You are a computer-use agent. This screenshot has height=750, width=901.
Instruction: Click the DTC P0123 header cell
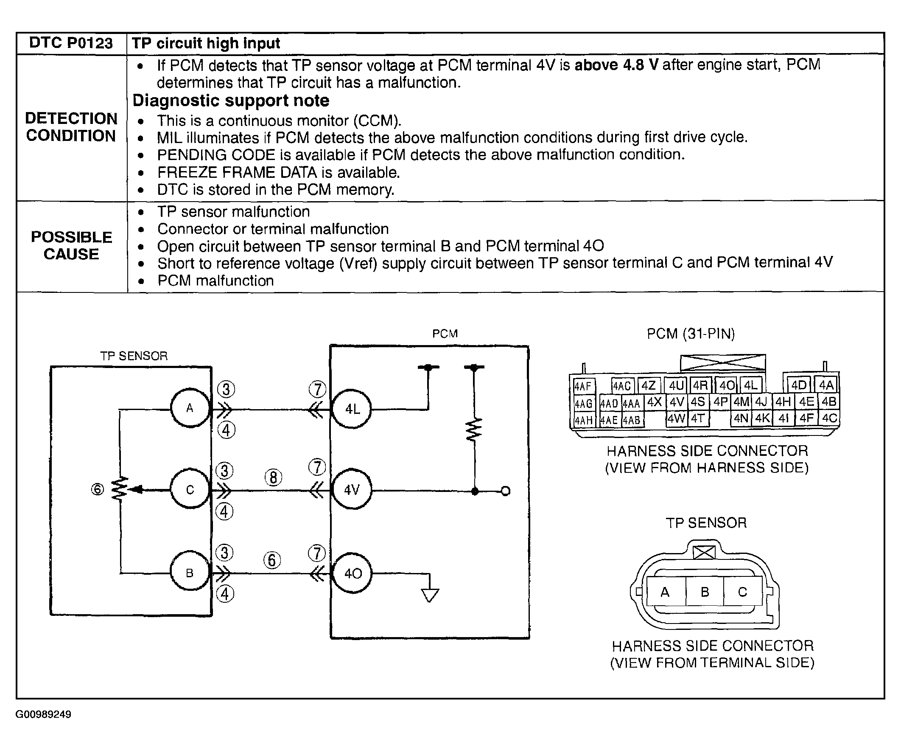(71, 43)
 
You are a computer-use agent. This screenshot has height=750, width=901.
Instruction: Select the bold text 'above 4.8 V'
(616, 65)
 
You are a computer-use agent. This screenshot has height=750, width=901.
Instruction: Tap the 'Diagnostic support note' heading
(231, 101)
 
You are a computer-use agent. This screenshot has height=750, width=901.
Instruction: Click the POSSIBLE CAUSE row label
(71, 246)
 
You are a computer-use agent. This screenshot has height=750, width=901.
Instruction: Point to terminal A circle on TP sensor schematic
(190, 408)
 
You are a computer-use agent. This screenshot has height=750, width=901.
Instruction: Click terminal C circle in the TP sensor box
(190, 490)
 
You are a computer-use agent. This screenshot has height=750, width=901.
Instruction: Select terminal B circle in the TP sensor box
(190, 573)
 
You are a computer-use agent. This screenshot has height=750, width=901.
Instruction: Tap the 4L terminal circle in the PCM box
(352, 409)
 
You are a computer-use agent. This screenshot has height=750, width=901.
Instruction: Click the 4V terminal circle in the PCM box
(352, 490)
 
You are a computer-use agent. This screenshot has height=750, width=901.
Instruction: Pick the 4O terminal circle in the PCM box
(353, 573)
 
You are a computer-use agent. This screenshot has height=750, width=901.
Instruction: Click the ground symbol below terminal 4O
(430, 596)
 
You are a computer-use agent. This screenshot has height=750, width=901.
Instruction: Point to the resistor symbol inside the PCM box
(474, 429)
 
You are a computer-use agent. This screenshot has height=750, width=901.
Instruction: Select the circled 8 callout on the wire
(273, 478)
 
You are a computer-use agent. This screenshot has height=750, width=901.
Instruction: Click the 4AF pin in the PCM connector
(583, 386)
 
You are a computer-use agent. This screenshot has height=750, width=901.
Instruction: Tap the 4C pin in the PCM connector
(829, 418)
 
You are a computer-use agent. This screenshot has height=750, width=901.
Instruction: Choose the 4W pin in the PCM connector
(676, 418)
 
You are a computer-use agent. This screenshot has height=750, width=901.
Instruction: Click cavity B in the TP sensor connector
(705, 592)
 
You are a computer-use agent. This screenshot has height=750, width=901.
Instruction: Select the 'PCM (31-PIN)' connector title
(691, 334)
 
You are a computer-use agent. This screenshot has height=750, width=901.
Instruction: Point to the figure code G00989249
(43, 714)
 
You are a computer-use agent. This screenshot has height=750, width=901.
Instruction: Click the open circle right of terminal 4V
(505, 491)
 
